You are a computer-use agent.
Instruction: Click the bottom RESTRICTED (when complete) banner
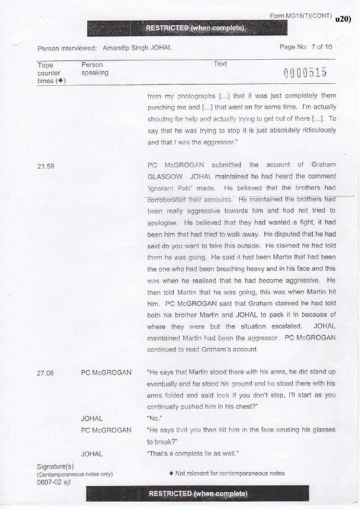pyautogui.click(x=198, y=494)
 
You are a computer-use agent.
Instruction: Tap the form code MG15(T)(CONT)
pyautogui.click(x=301, y=15)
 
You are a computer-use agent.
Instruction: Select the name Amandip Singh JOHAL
pyautogui.click(x=137, y=48)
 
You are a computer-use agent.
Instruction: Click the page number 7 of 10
pyautogui.click(x=306, y=47)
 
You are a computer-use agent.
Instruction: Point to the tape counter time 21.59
pyautogui.click(x=47, y=166)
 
